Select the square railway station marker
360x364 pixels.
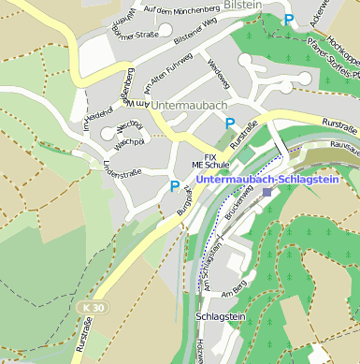point(268,192)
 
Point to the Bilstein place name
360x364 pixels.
point(243,6)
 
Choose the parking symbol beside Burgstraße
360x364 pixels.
point(174,187)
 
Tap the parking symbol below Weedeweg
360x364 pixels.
point(230,124)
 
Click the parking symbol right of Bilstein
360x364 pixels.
point(289,20)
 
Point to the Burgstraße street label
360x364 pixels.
point(186,200)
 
